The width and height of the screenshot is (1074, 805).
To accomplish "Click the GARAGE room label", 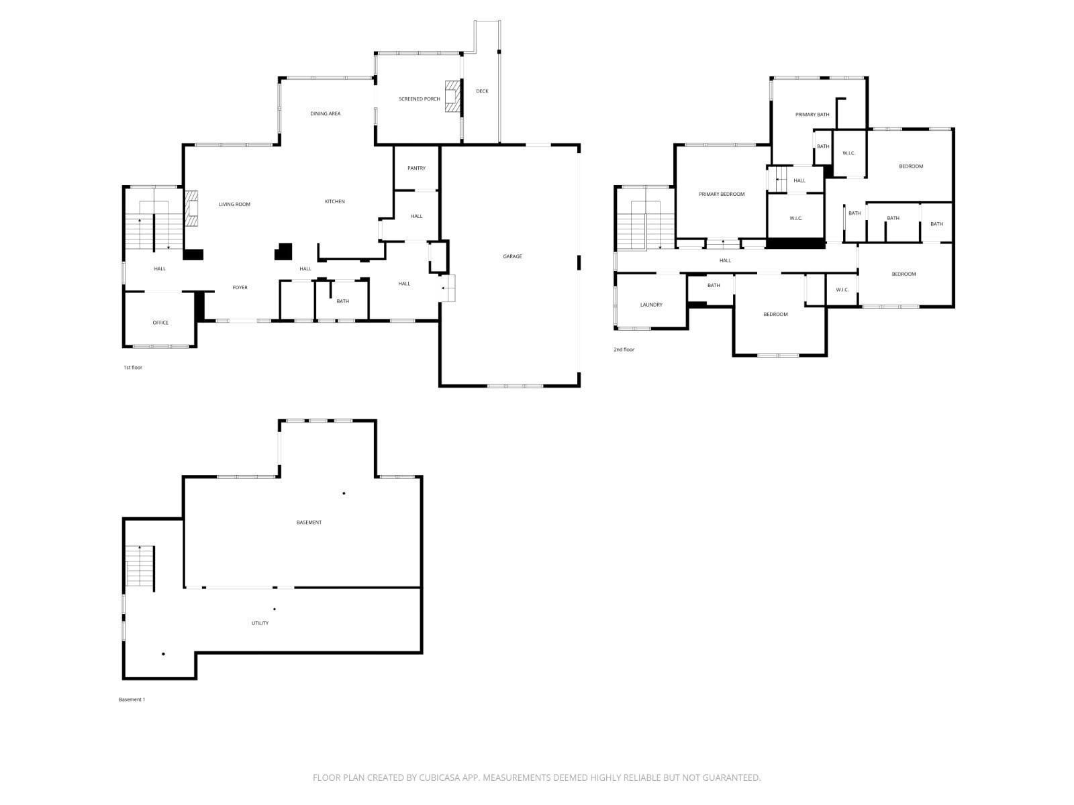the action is click(511, 256).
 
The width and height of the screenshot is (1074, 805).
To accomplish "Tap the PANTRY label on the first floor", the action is click(416, 168).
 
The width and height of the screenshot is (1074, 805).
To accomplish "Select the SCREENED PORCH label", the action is click(419, 99).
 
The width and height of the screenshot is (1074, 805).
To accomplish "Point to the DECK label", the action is click(482, 91).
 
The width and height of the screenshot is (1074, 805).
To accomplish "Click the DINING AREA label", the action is click(325, 113).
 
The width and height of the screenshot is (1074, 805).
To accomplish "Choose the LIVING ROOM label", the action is click(234, 205).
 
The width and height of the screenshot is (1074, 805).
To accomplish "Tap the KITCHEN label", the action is click(335, 201).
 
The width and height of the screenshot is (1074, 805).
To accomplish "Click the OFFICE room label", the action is click(160, 323).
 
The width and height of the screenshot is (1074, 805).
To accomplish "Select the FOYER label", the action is click(240, 287).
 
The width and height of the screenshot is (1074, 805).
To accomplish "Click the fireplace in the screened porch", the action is click(452, 97).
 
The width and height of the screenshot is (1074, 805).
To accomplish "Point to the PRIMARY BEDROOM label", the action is click(721, 194).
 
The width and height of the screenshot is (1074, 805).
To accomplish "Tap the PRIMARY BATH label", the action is click(812, 114).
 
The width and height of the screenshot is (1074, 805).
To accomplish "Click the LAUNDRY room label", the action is click(650, 305).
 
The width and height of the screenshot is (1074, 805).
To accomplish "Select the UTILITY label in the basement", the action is click(260, 623).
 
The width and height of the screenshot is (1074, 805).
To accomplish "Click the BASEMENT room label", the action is click(309, 523).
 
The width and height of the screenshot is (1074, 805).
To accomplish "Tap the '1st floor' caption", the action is click(133, 368).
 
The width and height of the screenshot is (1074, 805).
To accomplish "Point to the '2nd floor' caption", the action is click(624, 350).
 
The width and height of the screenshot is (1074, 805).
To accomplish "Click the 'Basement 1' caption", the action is click(132, 700).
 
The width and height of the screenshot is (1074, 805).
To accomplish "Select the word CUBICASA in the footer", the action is click(440, 777).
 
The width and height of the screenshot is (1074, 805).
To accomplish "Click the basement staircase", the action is click(140, 566).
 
